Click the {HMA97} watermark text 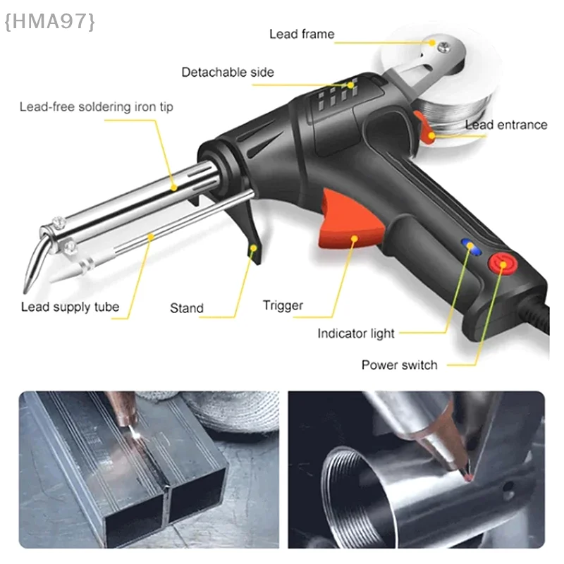coord(49,22)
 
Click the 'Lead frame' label coord(302,34)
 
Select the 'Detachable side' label coord(227,72)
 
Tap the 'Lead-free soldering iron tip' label coord(96,107)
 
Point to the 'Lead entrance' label coord(505,125)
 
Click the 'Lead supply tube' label coord(70,307)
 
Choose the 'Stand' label coord(186,308)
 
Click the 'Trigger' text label coord(283,305)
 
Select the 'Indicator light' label coord(355,333)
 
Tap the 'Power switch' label coord(399,364)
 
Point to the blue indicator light coord(467,245)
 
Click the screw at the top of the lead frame coord(442,48)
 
